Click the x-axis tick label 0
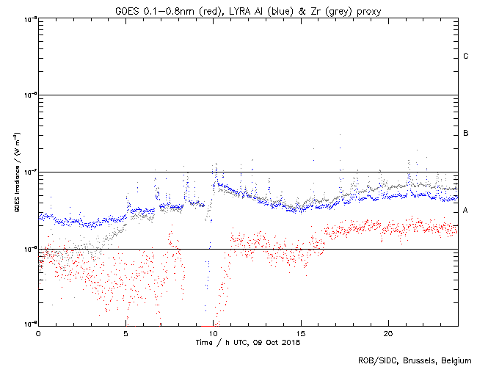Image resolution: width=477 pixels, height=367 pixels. [x=38, y=333]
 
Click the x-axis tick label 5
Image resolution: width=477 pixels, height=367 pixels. [x=125, y=333]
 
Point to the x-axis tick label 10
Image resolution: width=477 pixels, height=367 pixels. [x=214, y=333]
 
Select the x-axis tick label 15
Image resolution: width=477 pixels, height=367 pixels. [x=301, y=333]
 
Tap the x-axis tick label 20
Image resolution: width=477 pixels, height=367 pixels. [x=388, y=333]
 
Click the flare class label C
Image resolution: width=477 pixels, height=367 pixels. [x=466, y=57]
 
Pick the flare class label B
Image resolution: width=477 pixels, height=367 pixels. [x=466, y=134]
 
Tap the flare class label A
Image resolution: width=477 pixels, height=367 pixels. [x=466, y=211]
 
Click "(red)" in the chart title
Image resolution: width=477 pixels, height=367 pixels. [x=218, y=11]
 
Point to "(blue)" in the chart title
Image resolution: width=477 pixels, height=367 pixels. [x=288, y=11]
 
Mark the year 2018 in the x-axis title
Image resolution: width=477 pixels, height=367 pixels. [x=291, y=342]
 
